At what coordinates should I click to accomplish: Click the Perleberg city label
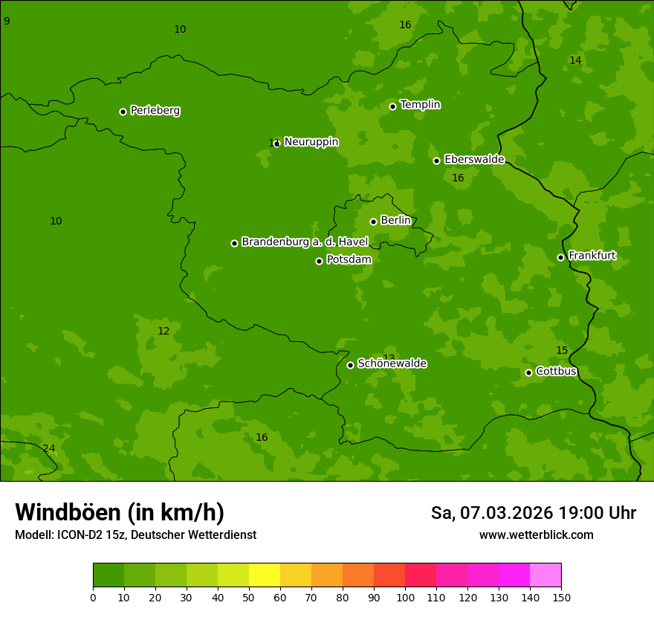pyautogui.click(x=155, y=111)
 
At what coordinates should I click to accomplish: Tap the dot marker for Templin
pyautogui.click(x=392, y=106)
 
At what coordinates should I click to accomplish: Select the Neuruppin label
pyautogui.click(x=311, y=142)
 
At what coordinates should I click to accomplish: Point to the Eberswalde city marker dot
pyautogui.click(x=436, y=161)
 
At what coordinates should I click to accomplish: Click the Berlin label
pyautogui.click(x=395, y=221)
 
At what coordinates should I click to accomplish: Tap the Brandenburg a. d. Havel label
pyautogui.click(x=305, y=242)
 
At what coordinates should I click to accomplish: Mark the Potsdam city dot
pyautogui.click(x=319, y=261)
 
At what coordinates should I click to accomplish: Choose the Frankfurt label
pyautogui.click(x=592, y=256)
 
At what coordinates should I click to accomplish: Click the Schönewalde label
pyautogui.click(x=392, y=364)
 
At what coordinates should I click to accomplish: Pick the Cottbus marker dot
pyautogui.click(x=528, y=372)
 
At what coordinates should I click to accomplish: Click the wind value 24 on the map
pyautogui.click(x=48, y=448)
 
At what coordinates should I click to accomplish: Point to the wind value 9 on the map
pyautogui.click(x=7, y=21)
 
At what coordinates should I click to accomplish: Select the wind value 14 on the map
pyautogui.click(x=575, y=60)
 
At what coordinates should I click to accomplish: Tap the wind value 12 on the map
pyautogui.click(x=163, y=331)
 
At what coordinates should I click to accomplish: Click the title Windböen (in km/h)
pyautogui.click(x=120, y=512)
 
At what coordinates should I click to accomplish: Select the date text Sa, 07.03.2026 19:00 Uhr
pyautogui.click(x=533, y=513)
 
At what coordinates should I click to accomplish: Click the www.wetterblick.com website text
pyautogui.click(x=536, y=535)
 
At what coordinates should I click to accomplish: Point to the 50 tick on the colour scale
pyautogui.click(x=249, y=597)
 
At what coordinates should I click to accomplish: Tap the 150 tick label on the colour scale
pyautogui.click(x=561, y=597)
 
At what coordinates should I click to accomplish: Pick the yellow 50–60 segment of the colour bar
pyautogui.click(x=265, y=575)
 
